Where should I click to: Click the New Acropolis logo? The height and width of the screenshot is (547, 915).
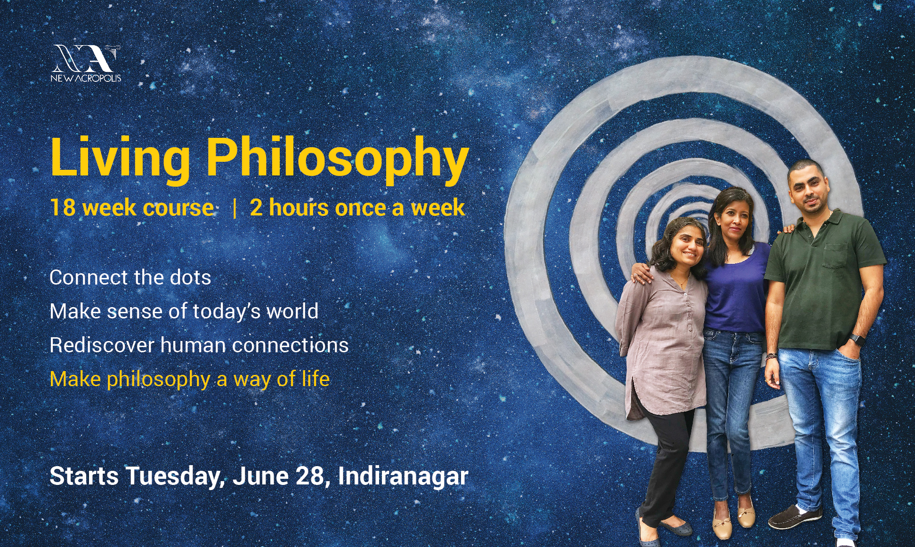click(x=86, y=63)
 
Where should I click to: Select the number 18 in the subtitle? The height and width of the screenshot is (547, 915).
click(x=63, y=207)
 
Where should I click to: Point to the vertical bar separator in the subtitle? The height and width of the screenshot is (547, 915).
click(x=235, y=208)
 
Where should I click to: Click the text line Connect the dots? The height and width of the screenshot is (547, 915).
click(x=130, y=277)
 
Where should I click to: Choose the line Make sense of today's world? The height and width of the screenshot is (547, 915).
click(x=184, y=311)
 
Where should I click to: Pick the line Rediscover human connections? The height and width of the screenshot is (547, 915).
click(x=199, y=345)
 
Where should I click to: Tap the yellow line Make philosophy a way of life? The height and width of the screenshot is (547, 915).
click(x=190, y=380)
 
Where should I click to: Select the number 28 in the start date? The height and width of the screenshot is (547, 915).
click(x=310, y=476)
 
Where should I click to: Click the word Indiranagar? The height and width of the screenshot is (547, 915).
click(x=403, y=476)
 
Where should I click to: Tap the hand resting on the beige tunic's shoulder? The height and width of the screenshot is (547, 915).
click(x=641, y=273)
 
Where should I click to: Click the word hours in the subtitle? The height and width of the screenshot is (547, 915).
click(x=299, y=207)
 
